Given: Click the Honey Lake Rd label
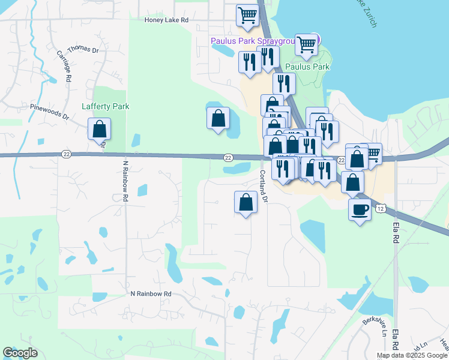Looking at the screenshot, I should [x=167, y=20].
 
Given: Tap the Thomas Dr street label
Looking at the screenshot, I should [x=82, y=49].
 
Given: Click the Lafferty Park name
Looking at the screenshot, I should [x=105, y=107].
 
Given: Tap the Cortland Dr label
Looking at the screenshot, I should [x=263, y=185].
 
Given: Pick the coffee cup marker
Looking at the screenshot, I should [x=360, y=210].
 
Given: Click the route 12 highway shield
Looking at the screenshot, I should [x=381, y=208].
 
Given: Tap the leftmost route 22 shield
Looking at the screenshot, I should [x=65, y=154].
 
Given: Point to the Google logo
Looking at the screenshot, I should [x=20, y=353].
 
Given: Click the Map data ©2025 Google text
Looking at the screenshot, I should [x=412, y=355].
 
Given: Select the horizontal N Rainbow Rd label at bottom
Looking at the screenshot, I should [x=151, y=294].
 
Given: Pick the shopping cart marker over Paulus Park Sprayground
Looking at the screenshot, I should [x=306, y=44].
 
